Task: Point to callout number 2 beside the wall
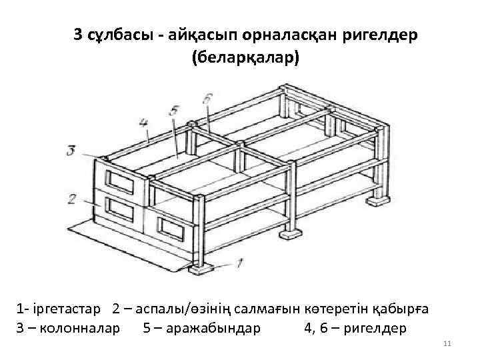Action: point(71,198)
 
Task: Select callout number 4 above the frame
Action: point(143,123)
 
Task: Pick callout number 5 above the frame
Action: point(174,110)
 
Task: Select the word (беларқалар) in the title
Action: point(245,57)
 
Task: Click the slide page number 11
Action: point(447,343)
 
